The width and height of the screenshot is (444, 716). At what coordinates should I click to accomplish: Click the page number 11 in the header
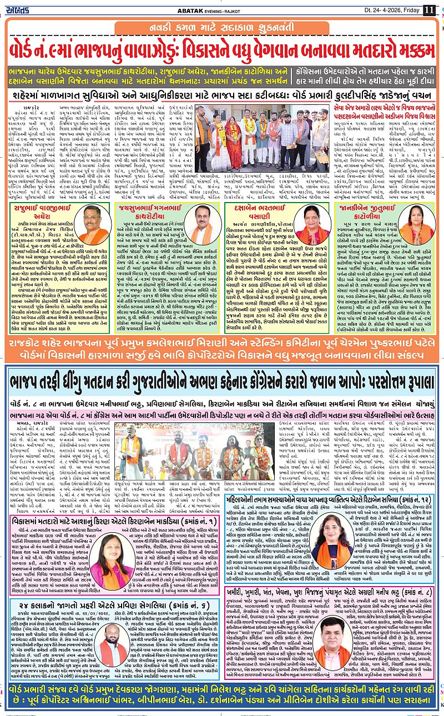[429, 10]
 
